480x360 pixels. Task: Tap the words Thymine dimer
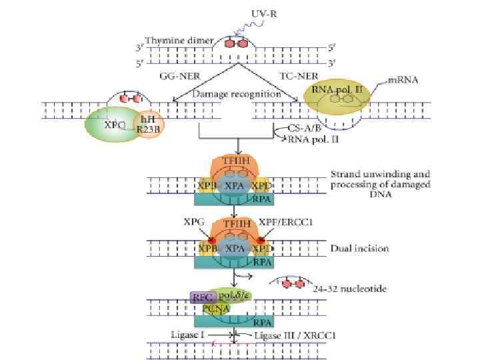coord(183,40)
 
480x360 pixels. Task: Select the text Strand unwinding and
coord(380,175)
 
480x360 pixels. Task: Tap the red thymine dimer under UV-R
coord(237,44)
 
